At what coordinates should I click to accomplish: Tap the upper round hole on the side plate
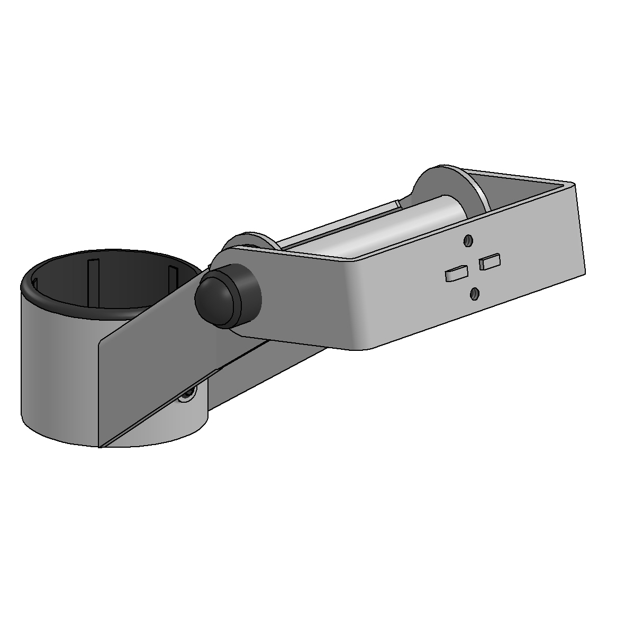(x=467, y=241)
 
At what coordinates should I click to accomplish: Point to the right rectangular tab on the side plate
(x=490, y=261)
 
